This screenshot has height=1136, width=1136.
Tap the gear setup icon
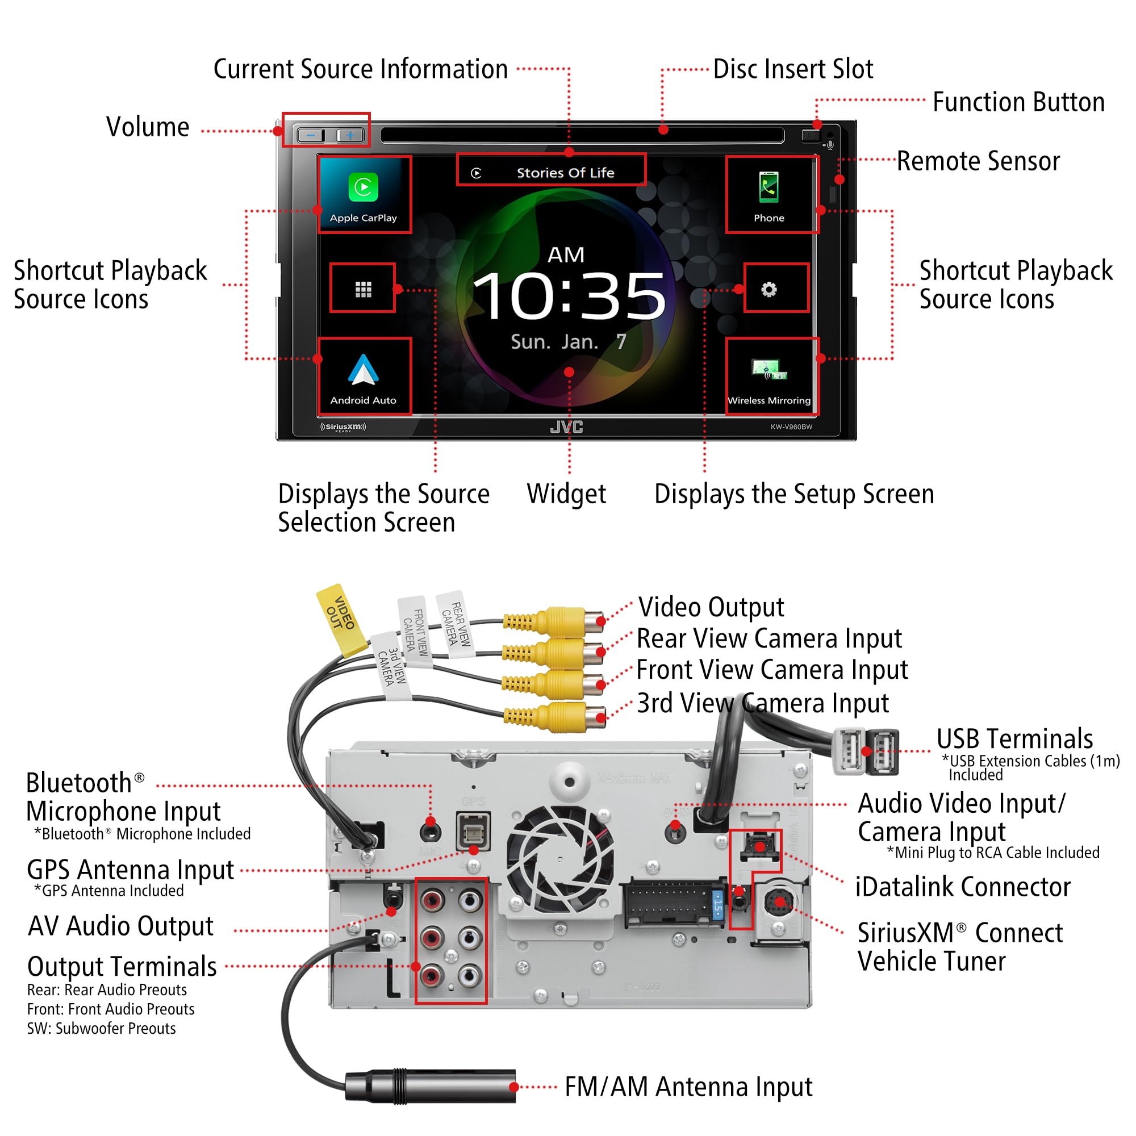click(x=769, y=289)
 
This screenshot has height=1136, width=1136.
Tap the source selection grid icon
click(x=364, y=289)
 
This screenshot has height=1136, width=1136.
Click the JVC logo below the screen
click(x=566, y=427)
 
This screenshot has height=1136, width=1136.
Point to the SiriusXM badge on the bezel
click(x=344, y=427)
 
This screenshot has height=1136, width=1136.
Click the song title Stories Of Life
click(x=565, y=173)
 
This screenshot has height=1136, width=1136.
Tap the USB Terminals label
click(x=1014, y=738)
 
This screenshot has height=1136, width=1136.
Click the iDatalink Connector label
click(x=963, y=887)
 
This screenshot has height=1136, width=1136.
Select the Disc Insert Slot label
click(x=792, y=69)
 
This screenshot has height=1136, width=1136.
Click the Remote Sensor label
click(x=978, y=161)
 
